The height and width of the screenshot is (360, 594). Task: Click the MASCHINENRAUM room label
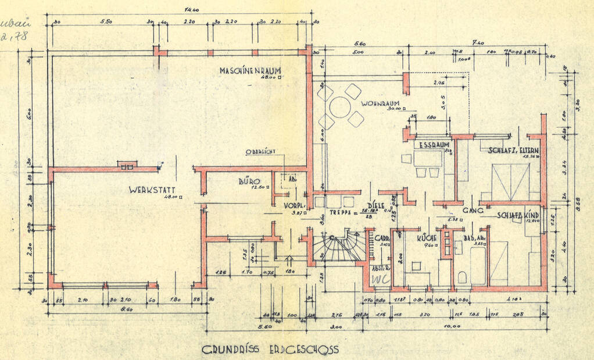(250, 70)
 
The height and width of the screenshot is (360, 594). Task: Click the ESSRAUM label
(435, 145)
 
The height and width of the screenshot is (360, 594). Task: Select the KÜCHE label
(427, 238)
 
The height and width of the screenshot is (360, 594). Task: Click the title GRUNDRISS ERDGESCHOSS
(270, 350)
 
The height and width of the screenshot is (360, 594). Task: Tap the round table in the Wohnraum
(340, 107)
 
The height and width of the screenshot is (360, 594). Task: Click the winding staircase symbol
(338, 247)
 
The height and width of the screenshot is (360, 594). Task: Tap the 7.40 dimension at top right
(478, 43)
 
